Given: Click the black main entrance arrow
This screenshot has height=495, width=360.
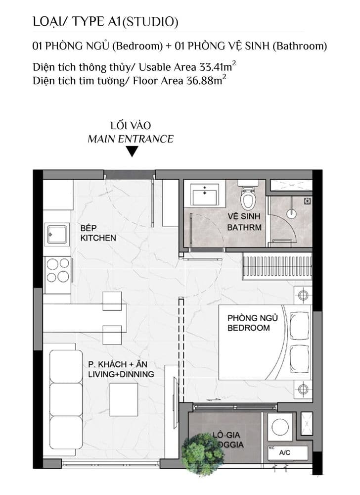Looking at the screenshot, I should [131, 152].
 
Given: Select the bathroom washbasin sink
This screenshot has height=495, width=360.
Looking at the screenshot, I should [205, 195].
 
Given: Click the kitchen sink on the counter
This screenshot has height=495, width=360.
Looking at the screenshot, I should [57, 234].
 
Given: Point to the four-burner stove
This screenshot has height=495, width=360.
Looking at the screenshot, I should [57, 270].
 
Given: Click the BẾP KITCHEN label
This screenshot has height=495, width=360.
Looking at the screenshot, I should [98, 233].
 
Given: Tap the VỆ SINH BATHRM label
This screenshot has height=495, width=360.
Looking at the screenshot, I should [244, 222].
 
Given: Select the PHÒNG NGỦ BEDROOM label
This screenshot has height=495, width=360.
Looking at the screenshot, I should [248, 323].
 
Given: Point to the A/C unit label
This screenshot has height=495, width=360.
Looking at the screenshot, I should [285, 452].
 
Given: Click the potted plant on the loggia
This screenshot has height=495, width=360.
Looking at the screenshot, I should [200, 454].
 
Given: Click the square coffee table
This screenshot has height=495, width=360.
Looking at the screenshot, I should [123, 399].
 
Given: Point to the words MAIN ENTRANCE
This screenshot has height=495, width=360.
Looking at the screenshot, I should [131, 139].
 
